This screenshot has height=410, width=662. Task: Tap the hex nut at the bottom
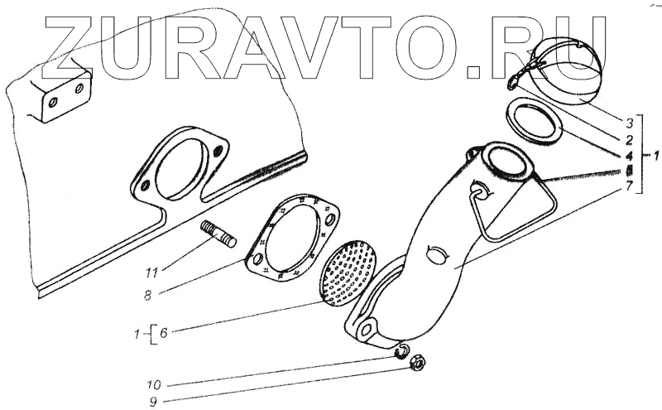point(419,364)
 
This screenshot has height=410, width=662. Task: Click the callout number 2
point(628,140)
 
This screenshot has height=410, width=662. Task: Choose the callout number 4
point(628,155)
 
